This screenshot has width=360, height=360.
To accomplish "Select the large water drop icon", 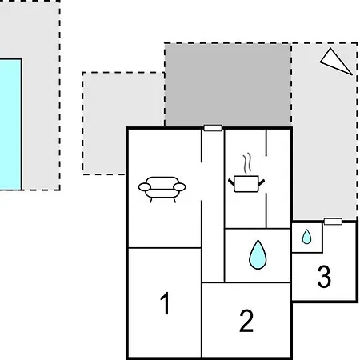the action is [x=258, y=254].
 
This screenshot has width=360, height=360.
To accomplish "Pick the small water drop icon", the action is [x=306, y=237].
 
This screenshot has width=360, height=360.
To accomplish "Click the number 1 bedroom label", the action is [x=166, y=303].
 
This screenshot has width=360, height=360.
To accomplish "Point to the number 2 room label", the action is [x=246, y=321].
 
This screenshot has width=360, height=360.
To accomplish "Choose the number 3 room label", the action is [x=324, y=277].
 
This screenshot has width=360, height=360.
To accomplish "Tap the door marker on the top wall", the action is [x=213, y=128].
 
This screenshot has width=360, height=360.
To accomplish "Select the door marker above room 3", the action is [x=333, y=222].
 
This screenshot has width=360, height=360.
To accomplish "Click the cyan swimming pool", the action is [x=10, y=125].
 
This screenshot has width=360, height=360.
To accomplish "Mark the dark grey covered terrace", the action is [x=228, y=85].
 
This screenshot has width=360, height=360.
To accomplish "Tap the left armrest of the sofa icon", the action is [x=145, y=187].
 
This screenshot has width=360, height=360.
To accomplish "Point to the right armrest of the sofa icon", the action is [x=179, y=187].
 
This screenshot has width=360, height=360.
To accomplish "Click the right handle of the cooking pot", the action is [x=262, y=182].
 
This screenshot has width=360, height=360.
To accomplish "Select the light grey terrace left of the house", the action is [x=123, y=123].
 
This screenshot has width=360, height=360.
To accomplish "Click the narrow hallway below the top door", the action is [x=213, y=206].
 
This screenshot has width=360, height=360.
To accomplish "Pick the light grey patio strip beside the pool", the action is [x=41, y=95].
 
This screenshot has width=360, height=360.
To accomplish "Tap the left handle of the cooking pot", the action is [x=231, y=182].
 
